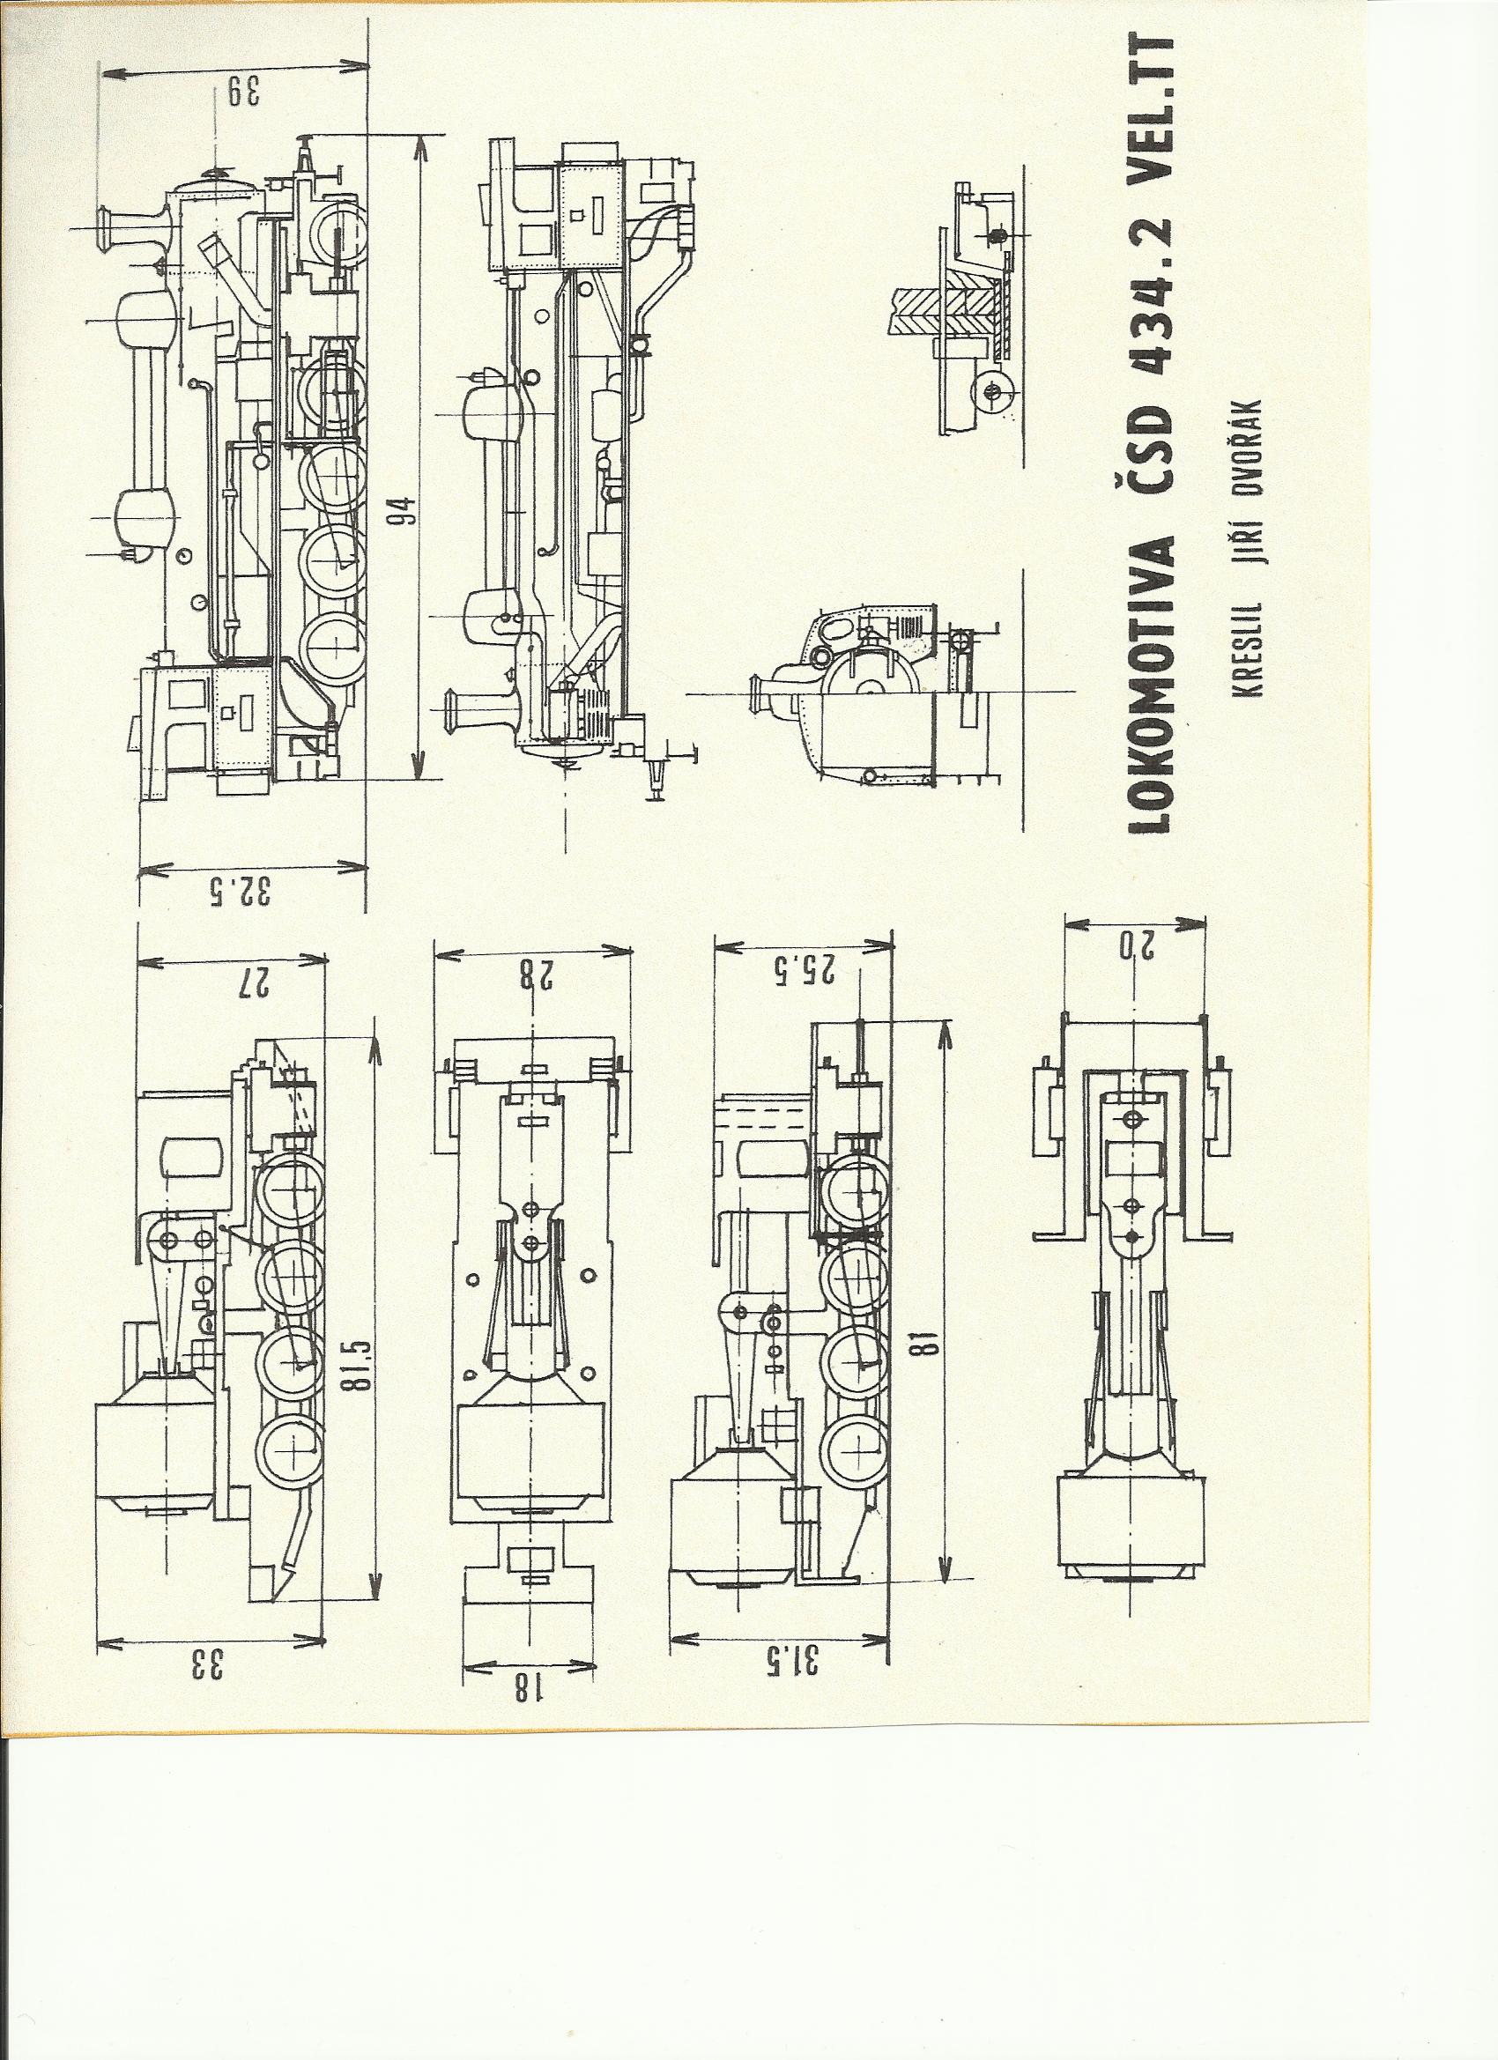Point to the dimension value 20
point(1137,946)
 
